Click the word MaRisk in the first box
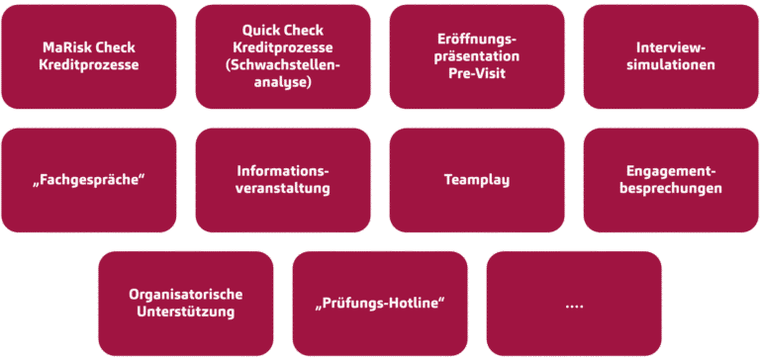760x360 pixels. (67, 47)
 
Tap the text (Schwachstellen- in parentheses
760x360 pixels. (283, 65)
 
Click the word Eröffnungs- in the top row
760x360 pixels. (477, 39)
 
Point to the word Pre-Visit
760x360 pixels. (477, 74)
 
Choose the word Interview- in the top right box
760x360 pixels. (671, 47)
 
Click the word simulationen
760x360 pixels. (671, 65)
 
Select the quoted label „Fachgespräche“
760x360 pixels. (89, 180)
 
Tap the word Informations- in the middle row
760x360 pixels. (283, 171)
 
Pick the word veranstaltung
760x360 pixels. (283, 188)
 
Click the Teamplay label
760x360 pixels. (477, 180)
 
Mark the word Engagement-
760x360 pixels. (671, 171)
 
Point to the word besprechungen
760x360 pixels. (671, 188)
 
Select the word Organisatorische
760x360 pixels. (186, 295)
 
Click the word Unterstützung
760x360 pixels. (186, 313)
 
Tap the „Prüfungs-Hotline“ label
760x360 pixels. (380, 303)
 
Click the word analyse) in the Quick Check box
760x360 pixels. (283, 83)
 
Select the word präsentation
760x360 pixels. (477, 56)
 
